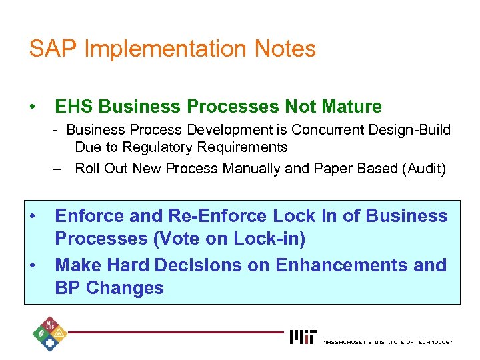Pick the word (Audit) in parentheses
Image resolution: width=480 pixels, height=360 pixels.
pyautogui.click(x=423, y=169)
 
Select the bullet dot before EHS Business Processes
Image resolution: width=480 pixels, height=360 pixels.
pyautogui.click(x=32, y=107)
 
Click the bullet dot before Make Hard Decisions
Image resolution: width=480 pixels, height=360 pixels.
pyautogui.click(x=32, y=265)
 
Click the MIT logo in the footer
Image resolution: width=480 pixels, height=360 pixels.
pyautogui.click(x=303, y=337)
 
